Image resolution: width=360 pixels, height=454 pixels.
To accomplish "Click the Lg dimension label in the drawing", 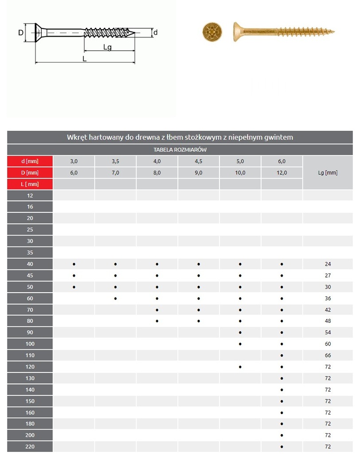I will pyautogui.click(x=107, y=47).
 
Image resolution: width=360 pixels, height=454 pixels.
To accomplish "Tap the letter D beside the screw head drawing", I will pyautogui.click(x=20, y=32).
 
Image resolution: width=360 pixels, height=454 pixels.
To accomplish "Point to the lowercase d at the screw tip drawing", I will pyautogui.click(x=156, y=32).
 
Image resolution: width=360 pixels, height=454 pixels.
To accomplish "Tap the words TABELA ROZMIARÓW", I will pyautogui.click(x=180, y=150).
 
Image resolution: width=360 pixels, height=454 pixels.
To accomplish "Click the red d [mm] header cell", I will pyautogui.click(x=30, y=161).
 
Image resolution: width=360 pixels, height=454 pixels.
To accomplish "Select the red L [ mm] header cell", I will pyautogui.click(x=30, y=184).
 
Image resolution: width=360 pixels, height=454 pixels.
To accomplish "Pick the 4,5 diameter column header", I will pyautogui.click(x=199, y=161).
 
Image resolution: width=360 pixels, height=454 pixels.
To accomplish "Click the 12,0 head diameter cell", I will pyautogui.click(x=282, y=173).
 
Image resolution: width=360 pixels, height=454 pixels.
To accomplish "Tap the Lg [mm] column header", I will pyautogui.click(x=328, y=173).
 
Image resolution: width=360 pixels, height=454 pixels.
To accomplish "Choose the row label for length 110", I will pyautogui.click(x=30, y=355).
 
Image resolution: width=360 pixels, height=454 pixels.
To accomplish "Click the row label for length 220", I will pyautogui.click(x=30, y=446).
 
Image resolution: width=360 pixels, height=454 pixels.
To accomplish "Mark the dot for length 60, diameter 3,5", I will pyautogui.click(x=115, y=298).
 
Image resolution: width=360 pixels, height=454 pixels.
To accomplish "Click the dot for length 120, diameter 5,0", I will pyautogui.click(x=240, y=367).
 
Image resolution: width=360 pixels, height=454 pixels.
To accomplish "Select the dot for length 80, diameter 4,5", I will pyautogui.click(x=199, y=321).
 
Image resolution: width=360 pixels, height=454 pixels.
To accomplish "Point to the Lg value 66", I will pyautogui.click(x=328, y=355).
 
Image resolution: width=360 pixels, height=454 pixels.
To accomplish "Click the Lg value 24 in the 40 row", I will pyautogui.click(x=328, y=264).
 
